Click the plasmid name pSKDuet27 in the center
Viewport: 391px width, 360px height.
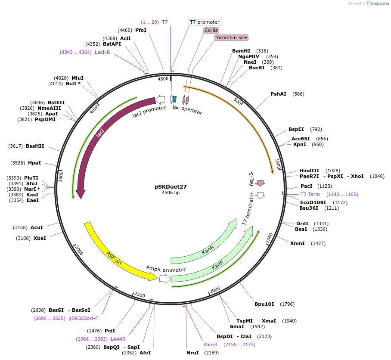(171, 187)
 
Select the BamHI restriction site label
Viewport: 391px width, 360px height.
(241, 51)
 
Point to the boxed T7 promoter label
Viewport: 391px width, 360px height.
(205, 22)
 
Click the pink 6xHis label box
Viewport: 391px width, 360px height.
(211, 30)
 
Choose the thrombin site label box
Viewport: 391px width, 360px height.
(231, 37)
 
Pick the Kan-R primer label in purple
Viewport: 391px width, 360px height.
(211, 344)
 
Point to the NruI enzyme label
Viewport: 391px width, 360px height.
(192, 353)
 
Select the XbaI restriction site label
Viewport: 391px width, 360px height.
(40, 238)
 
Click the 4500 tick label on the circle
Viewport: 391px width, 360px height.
(163, 79)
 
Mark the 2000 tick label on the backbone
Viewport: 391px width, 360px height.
(214, 289)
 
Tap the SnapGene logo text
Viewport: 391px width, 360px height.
(379, 3)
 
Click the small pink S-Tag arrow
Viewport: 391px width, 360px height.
(260, 183)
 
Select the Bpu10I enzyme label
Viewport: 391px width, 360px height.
(264, 304)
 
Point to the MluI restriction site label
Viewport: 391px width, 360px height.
(78, 78)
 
